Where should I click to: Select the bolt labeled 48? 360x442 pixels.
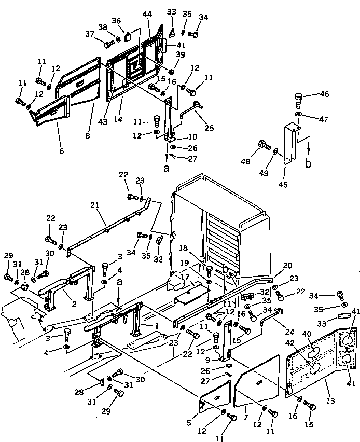coord(263,144)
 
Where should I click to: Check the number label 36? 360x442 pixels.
coord(116,21)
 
